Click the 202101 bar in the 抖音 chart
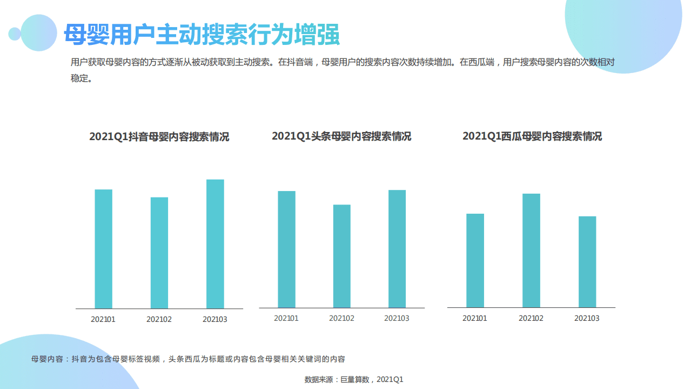point(103,249)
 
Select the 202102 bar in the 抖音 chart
point(159,253)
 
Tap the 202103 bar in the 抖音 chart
point(215,243)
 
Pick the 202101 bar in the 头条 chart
point(286,249)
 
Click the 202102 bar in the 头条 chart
point(341,256)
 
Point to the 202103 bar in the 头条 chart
point(397,249)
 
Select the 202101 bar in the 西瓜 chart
point(475,260)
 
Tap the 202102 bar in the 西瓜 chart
point(531,250)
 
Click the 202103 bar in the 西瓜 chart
point(587,262)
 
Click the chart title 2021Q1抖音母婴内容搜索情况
point(159,137)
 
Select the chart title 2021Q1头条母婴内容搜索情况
point(341,136)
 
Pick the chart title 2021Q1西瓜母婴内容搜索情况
point(532,136)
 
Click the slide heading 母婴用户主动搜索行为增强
point(202,34)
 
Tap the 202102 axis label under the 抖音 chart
point(159,319)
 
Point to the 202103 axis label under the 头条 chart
point(397,318)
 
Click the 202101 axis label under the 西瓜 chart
point(475,318)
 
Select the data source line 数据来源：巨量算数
point(354,379)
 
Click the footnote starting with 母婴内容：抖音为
point(188,359)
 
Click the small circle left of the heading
point(15,34)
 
